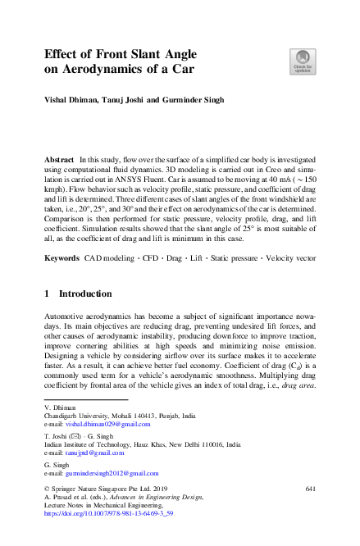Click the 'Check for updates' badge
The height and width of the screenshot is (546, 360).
point(301,61)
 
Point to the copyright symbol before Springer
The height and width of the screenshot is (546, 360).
point(47,489)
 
